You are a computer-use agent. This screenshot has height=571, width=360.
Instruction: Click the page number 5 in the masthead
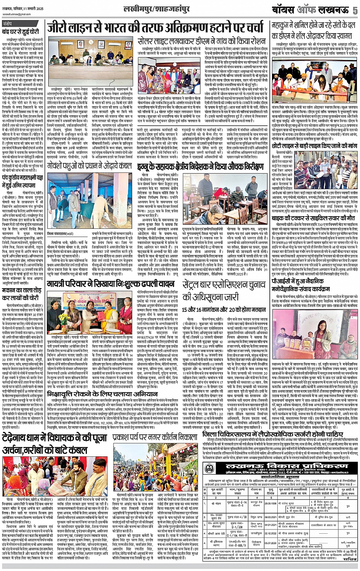(x=354, y=10)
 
